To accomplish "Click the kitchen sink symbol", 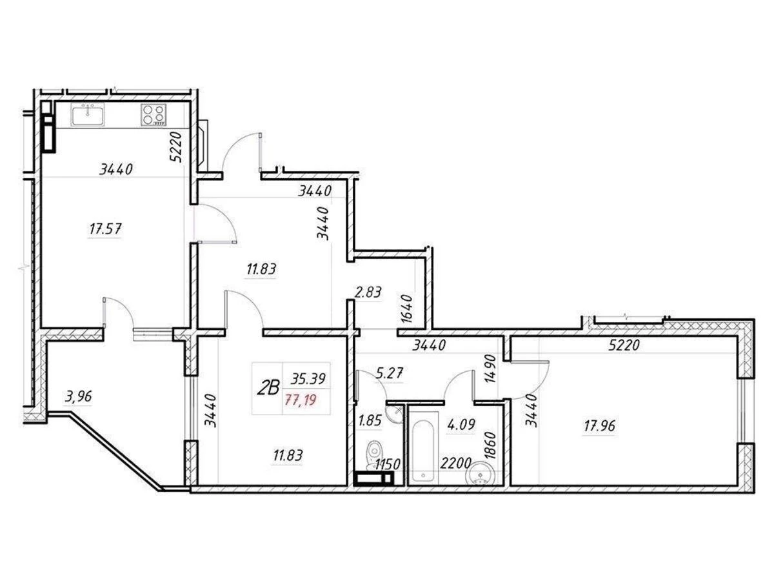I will click(88, 116).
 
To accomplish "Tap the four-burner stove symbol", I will click(154, 115).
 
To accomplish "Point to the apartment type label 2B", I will click(268, 388).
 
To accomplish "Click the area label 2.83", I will click(368, 292).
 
